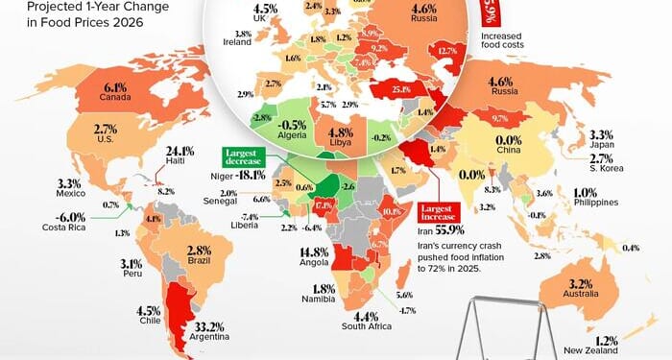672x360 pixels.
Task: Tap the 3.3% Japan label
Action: (601, 135)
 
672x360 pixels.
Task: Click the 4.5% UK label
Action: (266, 8)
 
